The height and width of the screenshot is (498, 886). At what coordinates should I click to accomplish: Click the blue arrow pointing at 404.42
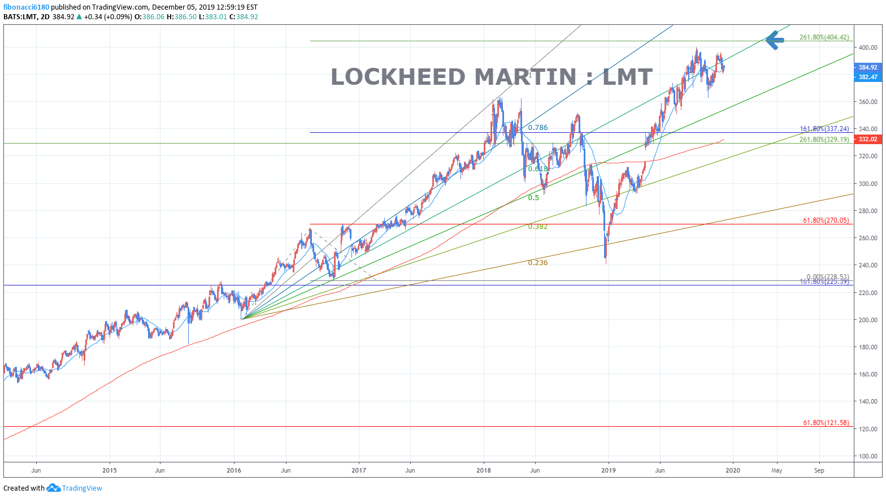click(774, 40)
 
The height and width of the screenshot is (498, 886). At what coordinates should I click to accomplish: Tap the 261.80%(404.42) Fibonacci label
click(824, 37)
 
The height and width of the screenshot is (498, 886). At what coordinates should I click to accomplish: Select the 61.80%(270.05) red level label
click(826, 220)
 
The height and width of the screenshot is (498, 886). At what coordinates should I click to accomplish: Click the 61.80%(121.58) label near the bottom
click(826, 423)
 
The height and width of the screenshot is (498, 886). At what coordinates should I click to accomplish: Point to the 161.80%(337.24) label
click(824, 129)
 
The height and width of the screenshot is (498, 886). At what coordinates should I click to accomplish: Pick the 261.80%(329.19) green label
click(824, 140)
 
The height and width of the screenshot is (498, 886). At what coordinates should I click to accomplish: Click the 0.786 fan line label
click(537, 128)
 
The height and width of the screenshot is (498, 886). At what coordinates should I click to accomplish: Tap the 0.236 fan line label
click(537, 263)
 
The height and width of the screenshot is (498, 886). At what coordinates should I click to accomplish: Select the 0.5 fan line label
click(533, 198)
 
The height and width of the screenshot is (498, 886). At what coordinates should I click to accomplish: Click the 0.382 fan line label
click(537, 227)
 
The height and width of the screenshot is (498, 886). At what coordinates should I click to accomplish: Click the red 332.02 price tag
click(867, 139)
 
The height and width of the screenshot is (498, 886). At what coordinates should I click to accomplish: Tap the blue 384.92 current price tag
click(867, 67)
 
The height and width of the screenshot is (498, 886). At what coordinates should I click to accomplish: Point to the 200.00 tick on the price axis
click(868, 320)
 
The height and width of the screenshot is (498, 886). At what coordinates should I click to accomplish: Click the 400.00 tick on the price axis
click(868, 48)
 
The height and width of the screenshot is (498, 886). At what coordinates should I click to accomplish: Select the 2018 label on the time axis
click(483, 470)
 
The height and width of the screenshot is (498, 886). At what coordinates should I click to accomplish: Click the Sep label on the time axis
click(819, 470)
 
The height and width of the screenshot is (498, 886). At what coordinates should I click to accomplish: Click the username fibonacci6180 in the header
click(26, 7)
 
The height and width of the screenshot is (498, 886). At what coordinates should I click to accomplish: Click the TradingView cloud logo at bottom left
click(53, 488)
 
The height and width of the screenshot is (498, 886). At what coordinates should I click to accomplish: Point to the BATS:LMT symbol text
click(19, 17)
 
